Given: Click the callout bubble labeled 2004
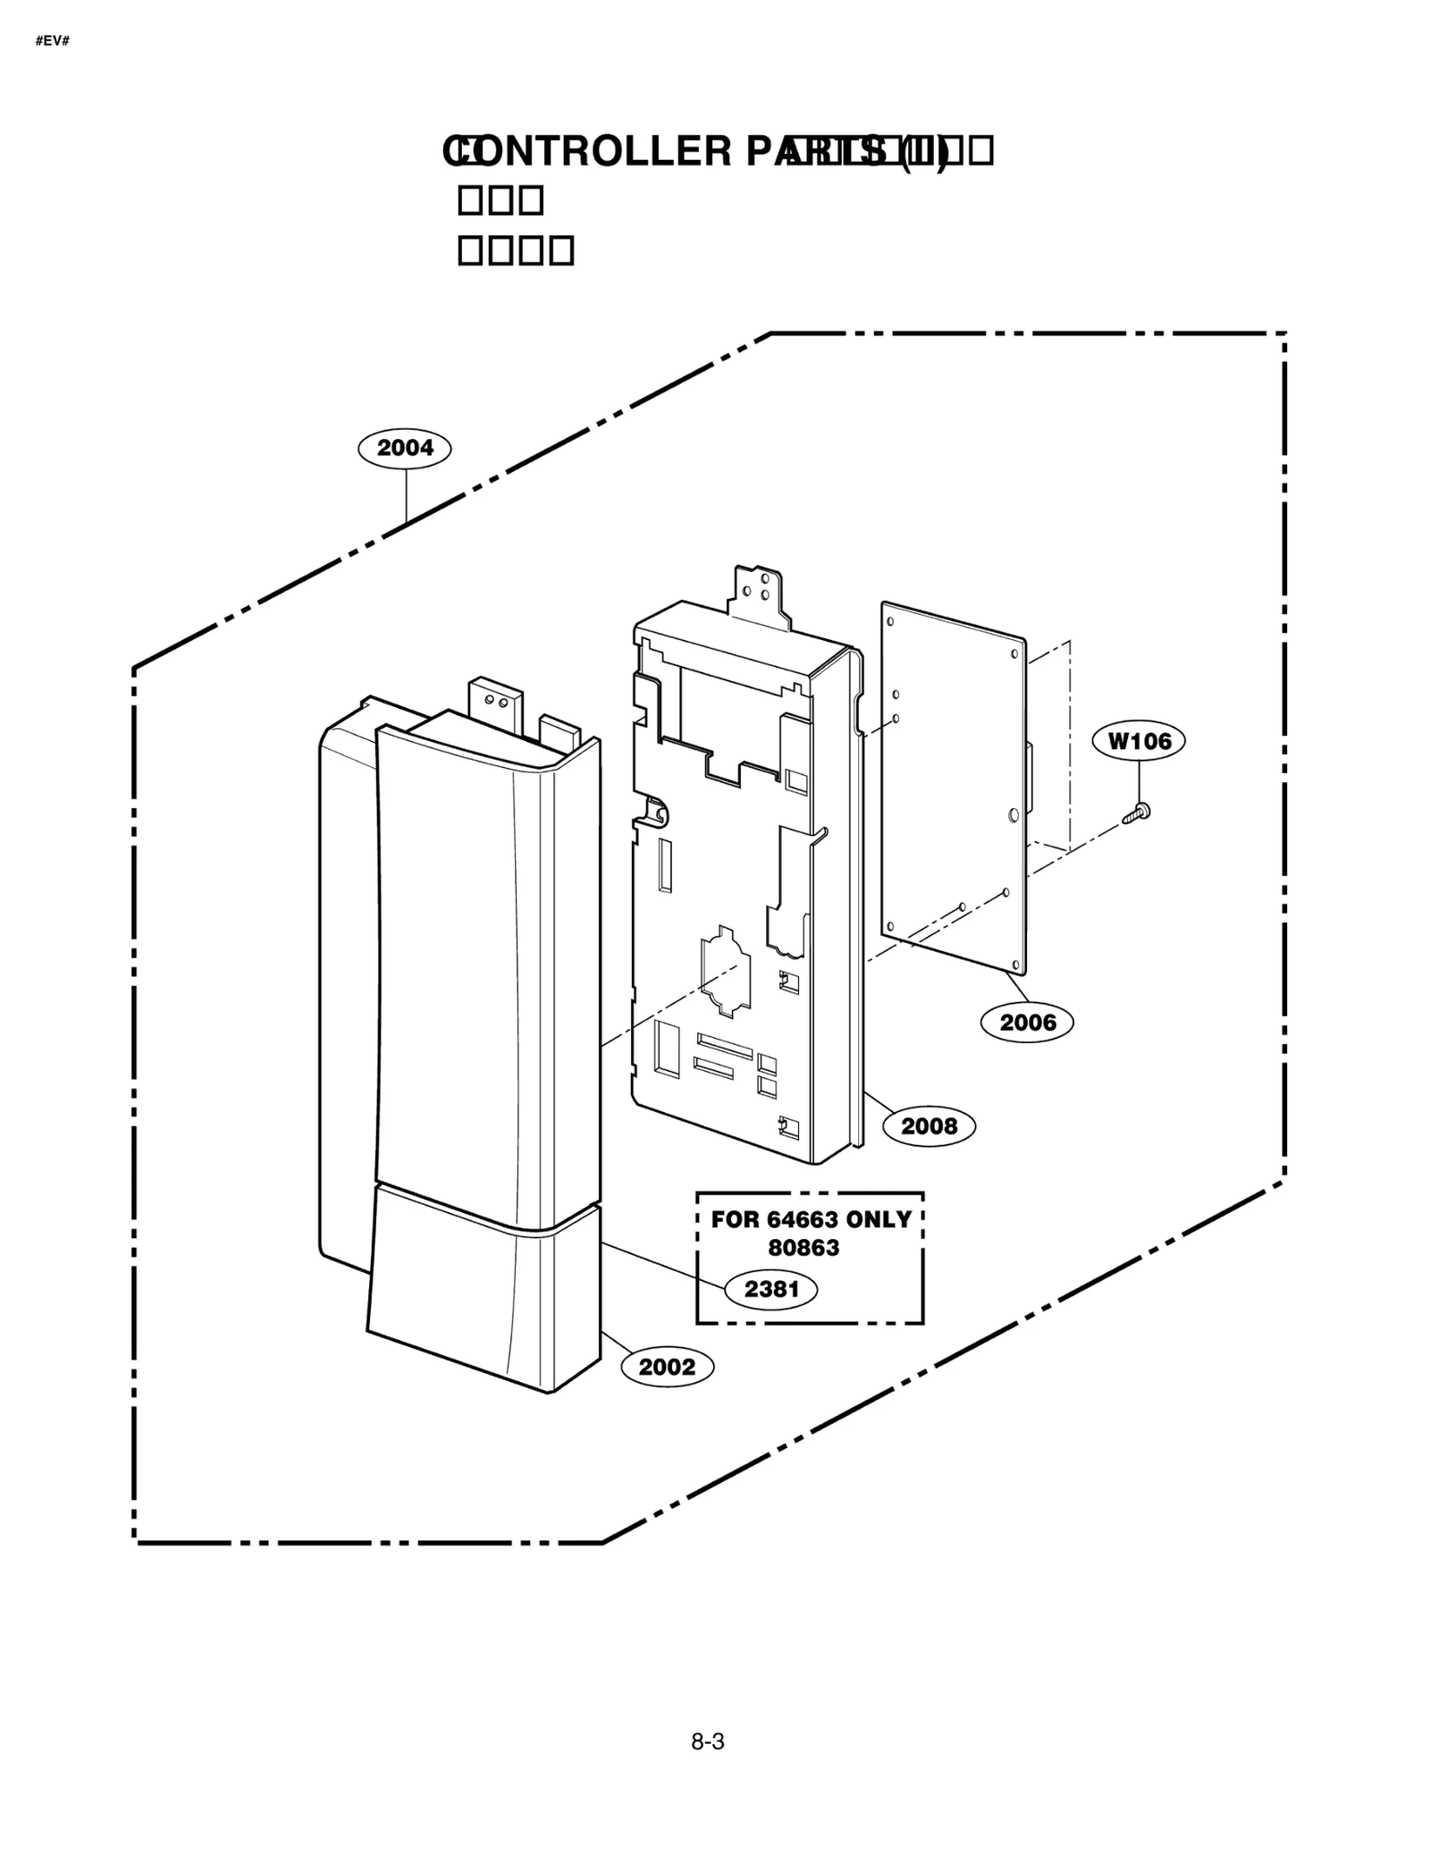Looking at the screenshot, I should coord(404,448).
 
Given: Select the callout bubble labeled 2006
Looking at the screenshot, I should coord(1027,1022).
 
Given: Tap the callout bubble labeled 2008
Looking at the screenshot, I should coord(929,1125).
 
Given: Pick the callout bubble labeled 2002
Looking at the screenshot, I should coord(667,1367).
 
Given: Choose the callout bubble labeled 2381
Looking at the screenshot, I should coord(770,1289).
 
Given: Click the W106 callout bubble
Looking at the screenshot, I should coord(1139,741).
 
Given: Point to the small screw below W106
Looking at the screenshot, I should coord(1136,813).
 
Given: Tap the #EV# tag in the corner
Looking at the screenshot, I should coord(53,42).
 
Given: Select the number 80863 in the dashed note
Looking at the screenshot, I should coord(803,1248).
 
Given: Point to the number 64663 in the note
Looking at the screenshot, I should coord(803,1219).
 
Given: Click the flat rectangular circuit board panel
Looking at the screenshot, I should coord(953,787).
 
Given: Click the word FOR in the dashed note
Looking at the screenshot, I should coord(734,1219).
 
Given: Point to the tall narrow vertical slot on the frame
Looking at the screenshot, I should coord(665,864).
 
